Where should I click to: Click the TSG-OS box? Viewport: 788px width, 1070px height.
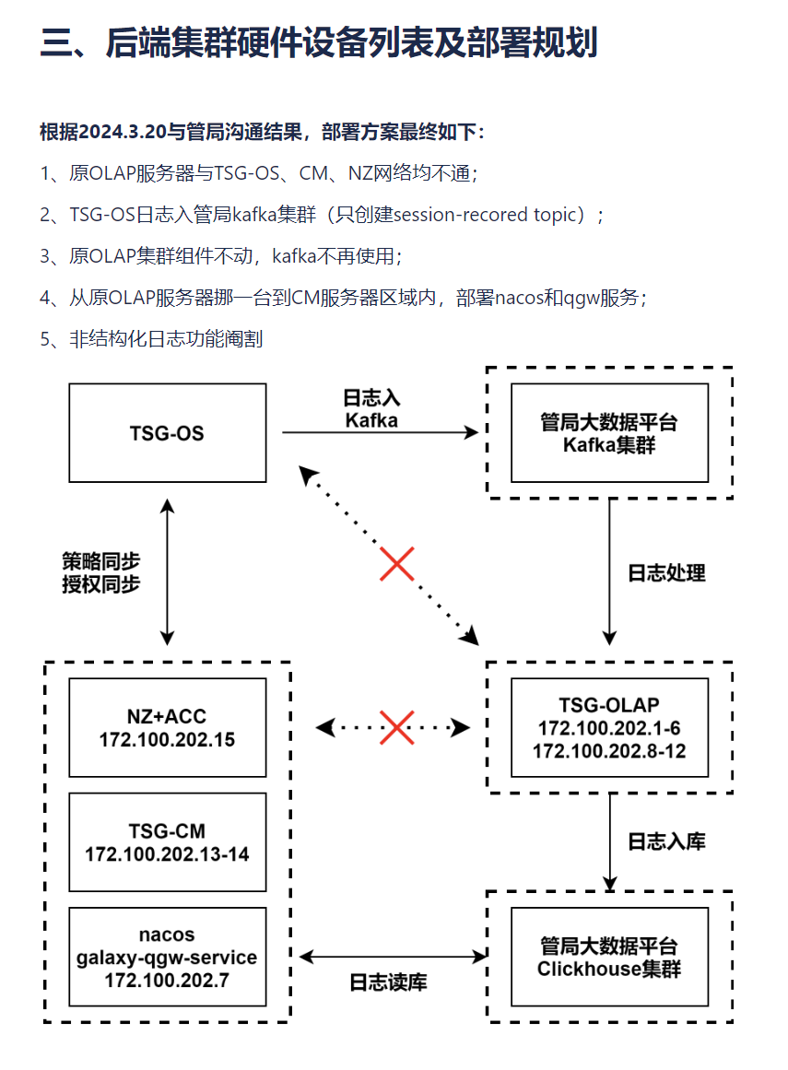tap(168, 433)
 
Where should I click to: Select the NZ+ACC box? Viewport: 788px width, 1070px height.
tap(168, 728)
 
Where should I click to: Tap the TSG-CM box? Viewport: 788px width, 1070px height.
tap(168, 841)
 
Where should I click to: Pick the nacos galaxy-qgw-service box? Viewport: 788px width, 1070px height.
tap(168, 958)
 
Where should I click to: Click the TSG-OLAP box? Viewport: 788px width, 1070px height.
tap(609, 728)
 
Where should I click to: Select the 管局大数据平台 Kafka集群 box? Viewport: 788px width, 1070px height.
tap(609, 433)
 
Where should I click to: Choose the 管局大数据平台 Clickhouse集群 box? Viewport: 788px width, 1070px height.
tap(609, 958)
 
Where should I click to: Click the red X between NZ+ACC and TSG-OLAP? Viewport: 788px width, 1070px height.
tap(396, 727)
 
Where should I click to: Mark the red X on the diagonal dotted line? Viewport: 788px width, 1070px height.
tap(396, 564)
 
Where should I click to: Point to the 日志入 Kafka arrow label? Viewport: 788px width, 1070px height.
tap(371, 408)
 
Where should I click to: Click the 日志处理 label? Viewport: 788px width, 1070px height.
tap(666, 573)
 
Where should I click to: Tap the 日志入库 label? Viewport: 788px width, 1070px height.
tap(666, 841)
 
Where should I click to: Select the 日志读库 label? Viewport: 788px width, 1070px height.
tap(388, 982)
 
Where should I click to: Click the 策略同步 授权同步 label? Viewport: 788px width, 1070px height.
tap(101, 572)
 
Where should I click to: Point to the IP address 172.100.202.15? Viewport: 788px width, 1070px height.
tap(168, 739)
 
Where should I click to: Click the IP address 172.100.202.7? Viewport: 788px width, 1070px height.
tap(168, 981)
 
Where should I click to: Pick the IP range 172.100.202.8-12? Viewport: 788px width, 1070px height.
tap(609, 750)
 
